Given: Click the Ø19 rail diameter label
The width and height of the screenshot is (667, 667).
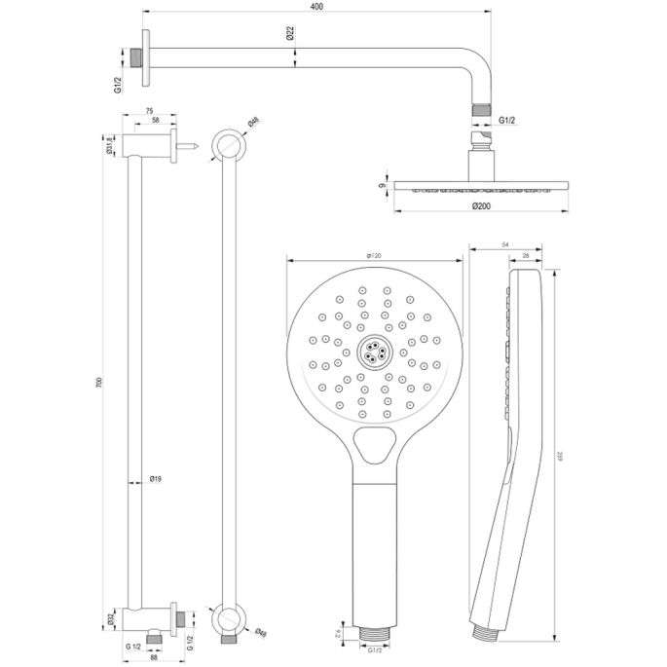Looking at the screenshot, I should [x=156, y=478].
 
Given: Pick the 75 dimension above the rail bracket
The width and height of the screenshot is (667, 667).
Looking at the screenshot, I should [x=149, y=111].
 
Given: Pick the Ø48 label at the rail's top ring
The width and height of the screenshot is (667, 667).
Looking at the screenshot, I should [x=252, y=123].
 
